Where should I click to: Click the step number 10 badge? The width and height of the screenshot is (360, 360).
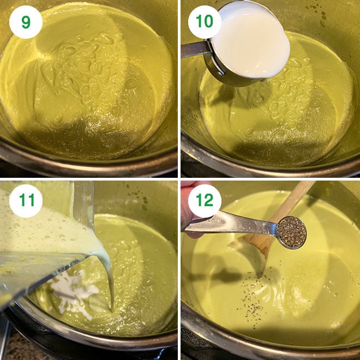(x=205, y=22)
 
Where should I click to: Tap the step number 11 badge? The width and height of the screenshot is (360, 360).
(x=26, y=201)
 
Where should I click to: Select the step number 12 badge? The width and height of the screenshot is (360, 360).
(x=205, y=201)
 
